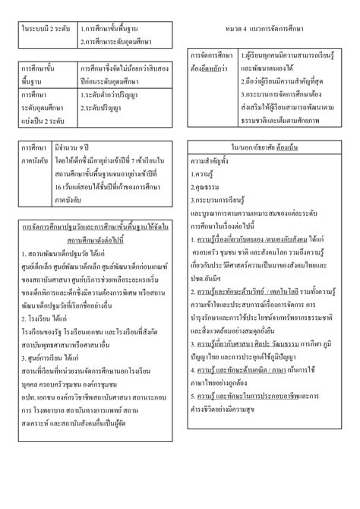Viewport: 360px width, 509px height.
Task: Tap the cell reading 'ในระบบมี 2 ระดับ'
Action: click(46, 28)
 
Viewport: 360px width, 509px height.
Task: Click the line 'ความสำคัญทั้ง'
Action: click(213, 160)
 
